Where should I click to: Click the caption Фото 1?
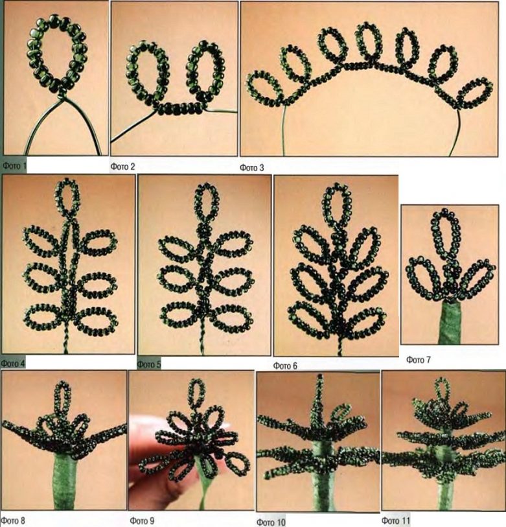(14, 165)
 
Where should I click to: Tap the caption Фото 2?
(122, 167)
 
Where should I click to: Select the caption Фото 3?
(251, 168)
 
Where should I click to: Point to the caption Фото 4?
(13, 363)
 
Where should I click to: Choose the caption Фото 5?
(149, 364)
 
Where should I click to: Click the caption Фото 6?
(285, 366)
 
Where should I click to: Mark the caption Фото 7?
(419, 360)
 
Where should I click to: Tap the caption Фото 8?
(13, 521)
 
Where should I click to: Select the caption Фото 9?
(142, 521)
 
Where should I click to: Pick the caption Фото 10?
(271, 522)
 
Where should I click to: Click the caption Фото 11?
(396, 521)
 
